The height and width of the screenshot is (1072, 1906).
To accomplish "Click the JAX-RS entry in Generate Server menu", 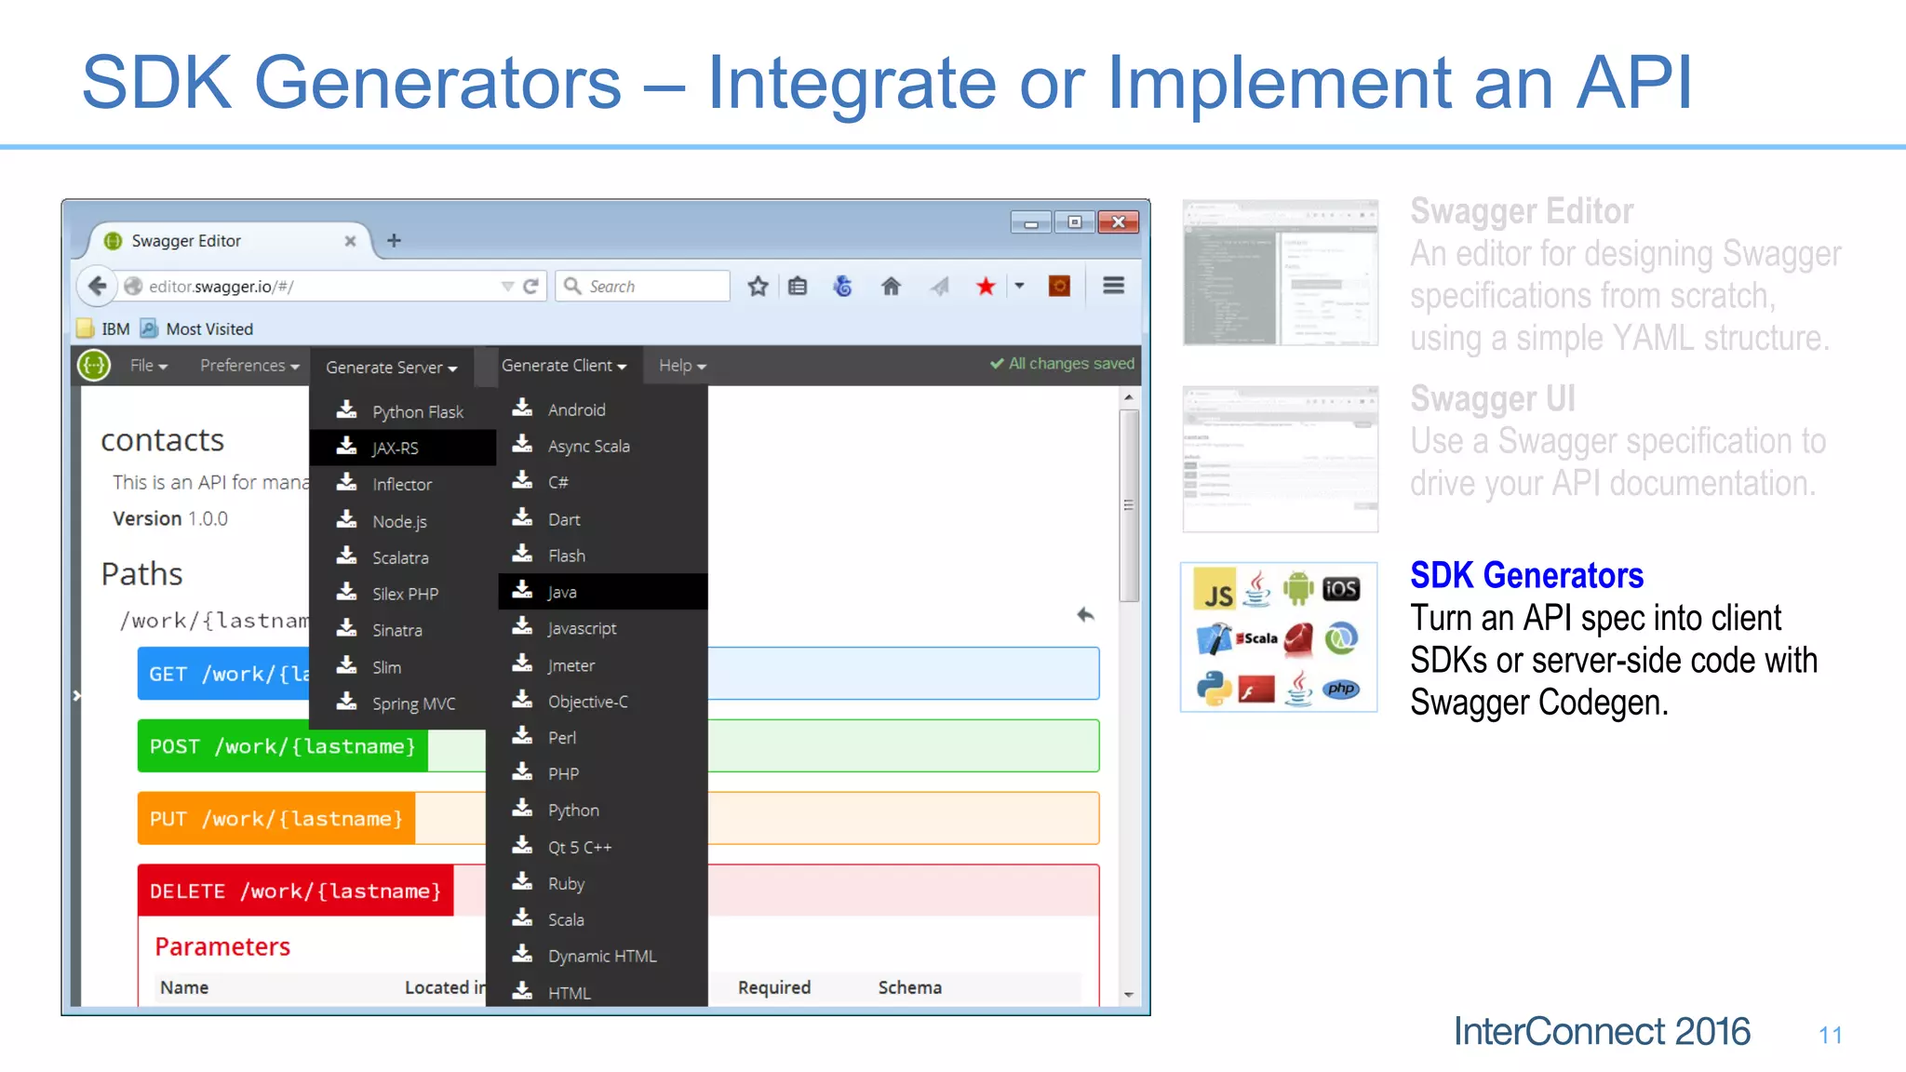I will (x=396, y=448).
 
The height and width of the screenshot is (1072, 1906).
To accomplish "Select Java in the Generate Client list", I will (x=562, y=592).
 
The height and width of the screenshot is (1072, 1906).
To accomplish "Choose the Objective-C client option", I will (x=587, y=702).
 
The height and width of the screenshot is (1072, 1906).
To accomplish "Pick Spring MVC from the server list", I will (x=413, y=703).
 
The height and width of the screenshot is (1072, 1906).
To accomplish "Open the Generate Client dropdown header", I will (x=564, y=366).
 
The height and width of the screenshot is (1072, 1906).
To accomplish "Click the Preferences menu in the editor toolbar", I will (x=249, y=366).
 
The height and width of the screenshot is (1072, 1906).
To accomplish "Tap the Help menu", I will (x=682, y=366).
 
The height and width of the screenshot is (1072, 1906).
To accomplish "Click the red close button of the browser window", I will (x=1118, y=222).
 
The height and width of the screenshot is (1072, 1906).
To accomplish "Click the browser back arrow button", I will (x=97, y=286).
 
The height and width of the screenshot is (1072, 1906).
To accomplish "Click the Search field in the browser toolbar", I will (x=651, y=287).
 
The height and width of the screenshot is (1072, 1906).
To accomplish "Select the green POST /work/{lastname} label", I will (x=283, y=746).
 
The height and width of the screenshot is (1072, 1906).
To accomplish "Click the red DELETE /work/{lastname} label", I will (x=296, y=891).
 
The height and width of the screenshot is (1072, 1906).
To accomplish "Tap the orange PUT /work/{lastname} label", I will (x=276, y=819).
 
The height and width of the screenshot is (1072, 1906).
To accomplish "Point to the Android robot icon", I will (x=1298, y=588).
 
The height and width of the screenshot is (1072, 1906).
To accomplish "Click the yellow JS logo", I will (x=1215, y=590).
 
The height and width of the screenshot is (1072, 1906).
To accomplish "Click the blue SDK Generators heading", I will (x=1526, y=575).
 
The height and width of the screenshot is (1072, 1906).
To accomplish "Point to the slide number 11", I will (x=1830, y=1035).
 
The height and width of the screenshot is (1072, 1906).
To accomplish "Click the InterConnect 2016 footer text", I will (x=1602, y=1031).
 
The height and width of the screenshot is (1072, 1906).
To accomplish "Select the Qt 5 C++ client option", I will (x=579, y=847).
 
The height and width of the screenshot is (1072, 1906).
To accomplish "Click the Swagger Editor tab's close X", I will (x=350, y=241).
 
